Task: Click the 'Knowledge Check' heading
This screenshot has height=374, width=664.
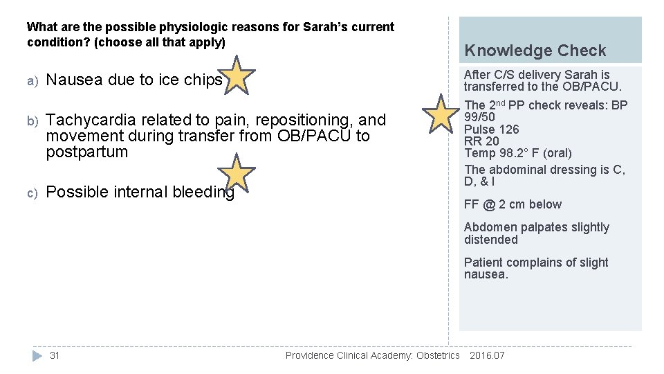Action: coord(535,51)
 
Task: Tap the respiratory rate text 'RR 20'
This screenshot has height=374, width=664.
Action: coord(481,141)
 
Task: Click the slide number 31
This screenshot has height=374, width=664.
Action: coord(55,355)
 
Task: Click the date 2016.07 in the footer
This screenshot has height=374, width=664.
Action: coord(487,355)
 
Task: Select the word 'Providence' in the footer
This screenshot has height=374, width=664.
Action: coord(309,355)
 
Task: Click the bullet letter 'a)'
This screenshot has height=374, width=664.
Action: coord(31,81)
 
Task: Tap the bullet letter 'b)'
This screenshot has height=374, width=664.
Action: coord(31,121)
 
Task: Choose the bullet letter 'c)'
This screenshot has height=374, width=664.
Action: coord(31,193)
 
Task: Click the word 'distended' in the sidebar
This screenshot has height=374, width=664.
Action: coord(490,240)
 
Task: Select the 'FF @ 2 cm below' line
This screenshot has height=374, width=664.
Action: coord(513,204)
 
